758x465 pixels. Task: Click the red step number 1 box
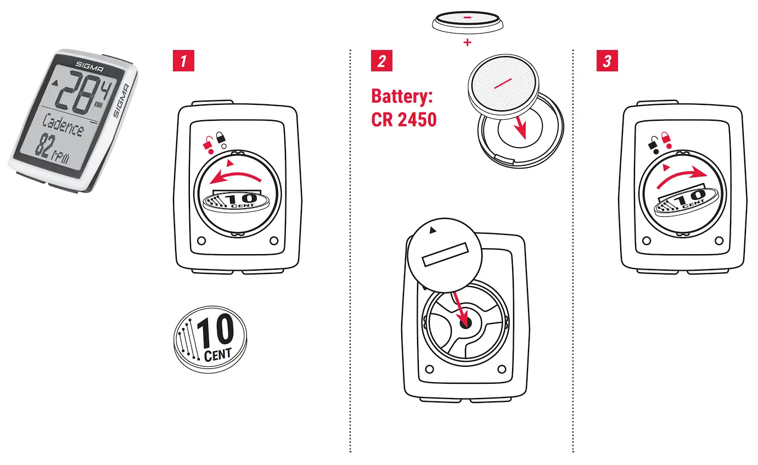184,61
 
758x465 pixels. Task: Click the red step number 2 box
382,61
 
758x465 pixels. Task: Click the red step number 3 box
607,61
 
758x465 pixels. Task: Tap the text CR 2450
404,119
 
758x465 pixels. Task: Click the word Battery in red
402,97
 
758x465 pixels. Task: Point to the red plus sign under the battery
467,42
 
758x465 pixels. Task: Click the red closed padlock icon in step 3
666,138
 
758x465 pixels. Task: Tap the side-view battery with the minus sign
467,21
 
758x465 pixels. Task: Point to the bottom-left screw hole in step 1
201,240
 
